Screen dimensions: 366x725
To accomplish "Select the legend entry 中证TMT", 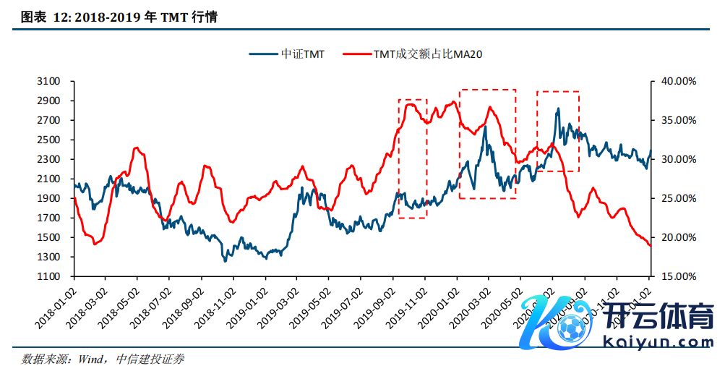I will (x=286, y=54).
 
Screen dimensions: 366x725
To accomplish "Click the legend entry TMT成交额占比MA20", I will (x=413, y=54).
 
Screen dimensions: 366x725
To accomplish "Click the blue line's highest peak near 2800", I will (x=558, y=109).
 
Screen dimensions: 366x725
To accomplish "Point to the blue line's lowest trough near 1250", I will (x=226, y=261).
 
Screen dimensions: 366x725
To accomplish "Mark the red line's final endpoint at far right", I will (x=651, y=247).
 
